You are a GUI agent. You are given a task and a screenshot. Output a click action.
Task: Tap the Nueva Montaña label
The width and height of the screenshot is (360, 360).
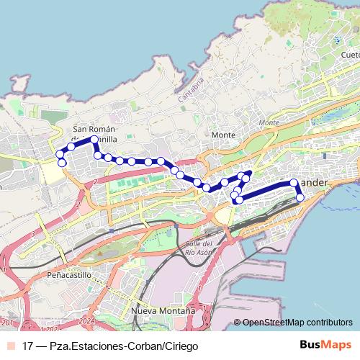coord(163,310)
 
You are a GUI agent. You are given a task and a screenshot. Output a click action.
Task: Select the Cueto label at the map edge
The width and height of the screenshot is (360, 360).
coord(351,55)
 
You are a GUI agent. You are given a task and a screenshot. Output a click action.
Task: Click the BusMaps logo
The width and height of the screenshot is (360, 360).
coord(325,344)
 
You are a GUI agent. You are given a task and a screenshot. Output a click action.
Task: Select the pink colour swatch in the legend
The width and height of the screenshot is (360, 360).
coord(10,345)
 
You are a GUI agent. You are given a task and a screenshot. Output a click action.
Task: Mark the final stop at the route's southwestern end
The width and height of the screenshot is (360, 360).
coord(62,163)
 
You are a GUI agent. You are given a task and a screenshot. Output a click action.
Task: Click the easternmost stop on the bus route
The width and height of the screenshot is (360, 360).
coord(300,197)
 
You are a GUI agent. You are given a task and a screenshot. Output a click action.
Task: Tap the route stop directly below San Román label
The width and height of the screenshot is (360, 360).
coord(94,139)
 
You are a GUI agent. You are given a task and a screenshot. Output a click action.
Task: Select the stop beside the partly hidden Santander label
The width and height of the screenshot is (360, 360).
coord(294,183)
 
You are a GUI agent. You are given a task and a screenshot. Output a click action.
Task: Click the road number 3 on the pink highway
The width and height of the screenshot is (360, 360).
coord(33,234)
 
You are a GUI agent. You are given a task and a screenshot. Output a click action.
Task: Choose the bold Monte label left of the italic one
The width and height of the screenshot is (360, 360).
coord(224,135)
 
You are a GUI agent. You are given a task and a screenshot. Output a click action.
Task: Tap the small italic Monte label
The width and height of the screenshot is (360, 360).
coord(269,122)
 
